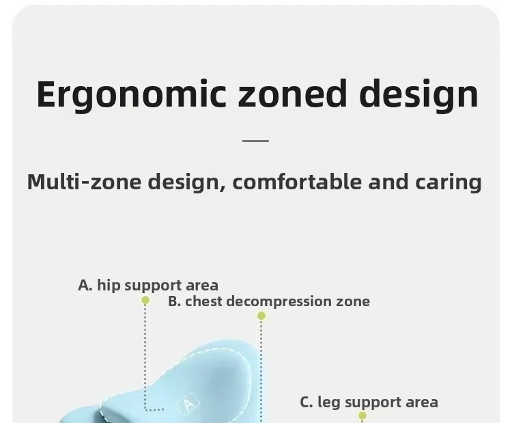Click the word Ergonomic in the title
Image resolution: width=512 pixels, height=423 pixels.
coord(131,95)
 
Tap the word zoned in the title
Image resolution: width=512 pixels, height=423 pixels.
coord(292,94)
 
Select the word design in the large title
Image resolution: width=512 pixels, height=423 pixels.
coord(419,95)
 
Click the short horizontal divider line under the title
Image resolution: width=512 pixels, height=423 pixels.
coord(256,141)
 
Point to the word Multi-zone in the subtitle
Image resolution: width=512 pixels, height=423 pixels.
coord(84,181)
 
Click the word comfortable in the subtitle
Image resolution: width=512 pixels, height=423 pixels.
coord(297,181)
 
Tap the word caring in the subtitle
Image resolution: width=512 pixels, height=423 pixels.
coord(449,182)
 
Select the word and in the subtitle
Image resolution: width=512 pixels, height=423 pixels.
coord(388,181)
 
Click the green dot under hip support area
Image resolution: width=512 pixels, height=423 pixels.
coord(145,300)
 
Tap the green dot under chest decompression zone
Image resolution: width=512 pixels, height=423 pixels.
coord(261,316)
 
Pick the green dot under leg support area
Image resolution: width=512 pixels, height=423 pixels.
coord(362,415)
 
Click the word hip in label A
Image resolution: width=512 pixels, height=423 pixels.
coord(109,285)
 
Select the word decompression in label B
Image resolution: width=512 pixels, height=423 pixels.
coord(279,302)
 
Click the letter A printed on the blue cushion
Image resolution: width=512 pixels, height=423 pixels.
coord(188,405)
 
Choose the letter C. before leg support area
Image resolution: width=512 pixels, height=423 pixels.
coord(307,402)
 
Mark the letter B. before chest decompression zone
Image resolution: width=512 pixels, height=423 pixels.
coord(175,301)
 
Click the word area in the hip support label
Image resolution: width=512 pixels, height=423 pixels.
coord(202,286)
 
